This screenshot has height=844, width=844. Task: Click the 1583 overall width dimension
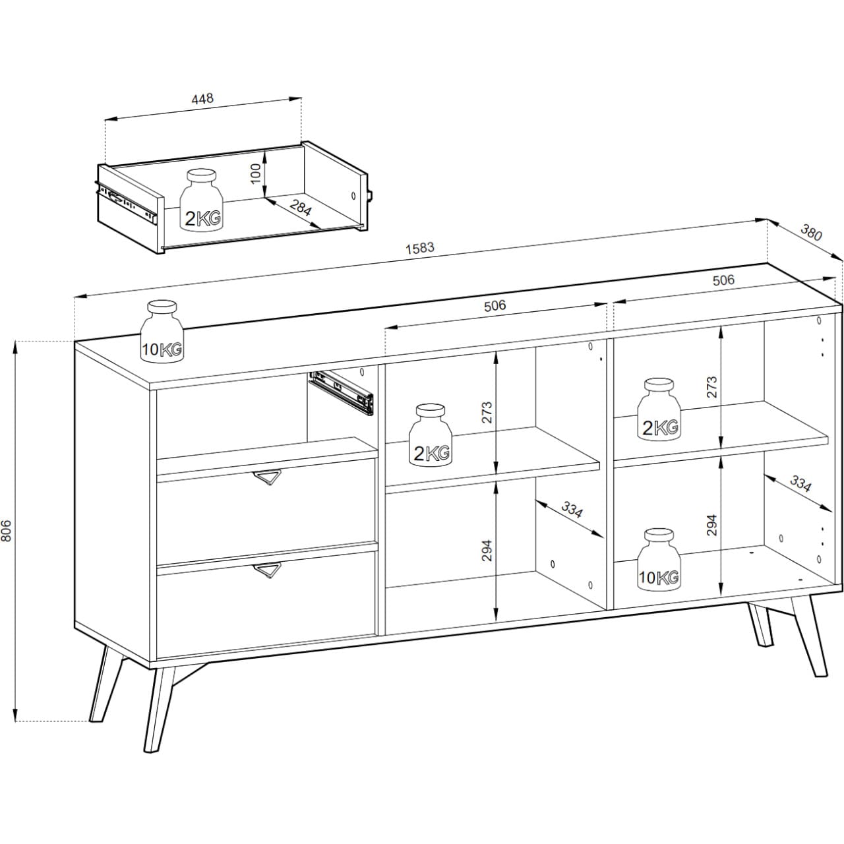click(x=420, y=248)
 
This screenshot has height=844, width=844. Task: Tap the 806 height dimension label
click(x=7, y=531)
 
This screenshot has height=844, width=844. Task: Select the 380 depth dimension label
click(x=811, y=233)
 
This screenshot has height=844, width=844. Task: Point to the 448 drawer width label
click(x=202, y=98)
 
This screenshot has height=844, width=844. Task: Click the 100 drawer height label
click(x=256, y=173)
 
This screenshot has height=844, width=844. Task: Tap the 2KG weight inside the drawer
click(x=202, y=200)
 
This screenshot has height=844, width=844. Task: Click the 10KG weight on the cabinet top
click(x=162, y=331)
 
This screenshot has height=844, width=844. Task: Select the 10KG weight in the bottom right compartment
click(x=659, y=559)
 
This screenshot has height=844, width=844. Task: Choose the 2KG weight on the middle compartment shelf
click(x=431, y=435)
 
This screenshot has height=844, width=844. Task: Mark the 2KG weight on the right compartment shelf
click(x=659, y=409)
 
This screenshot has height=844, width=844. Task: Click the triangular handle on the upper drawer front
click(x=267, y=477)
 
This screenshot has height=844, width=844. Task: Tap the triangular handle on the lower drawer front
click(x=267, y=570)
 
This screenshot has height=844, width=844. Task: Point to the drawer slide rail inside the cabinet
click(x=341, y=392)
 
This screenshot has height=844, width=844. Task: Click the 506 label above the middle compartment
click(x=495, y=305)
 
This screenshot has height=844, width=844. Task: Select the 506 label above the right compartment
click(x=723, y=280)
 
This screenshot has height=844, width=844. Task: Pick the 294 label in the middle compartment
click(x=487, y=551)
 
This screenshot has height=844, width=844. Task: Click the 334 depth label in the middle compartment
click(x=572, y=509)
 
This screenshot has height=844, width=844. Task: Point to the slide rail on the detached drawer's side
click(x=126, y=202)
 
